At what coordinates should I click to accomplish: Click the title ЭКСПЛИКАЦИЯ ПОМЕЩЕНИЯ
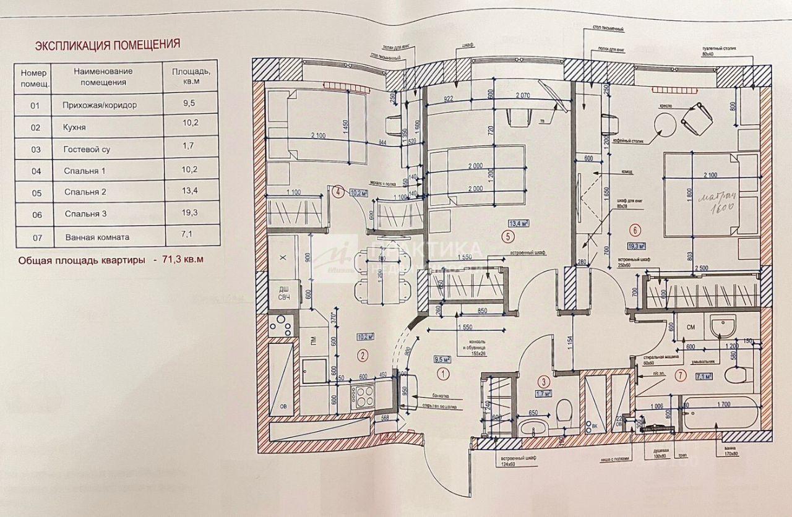click(107, 45)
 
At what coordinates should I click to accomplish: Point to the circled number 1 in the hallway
click(442, 374)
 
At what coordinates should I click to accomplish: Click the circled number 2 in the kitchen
click(363, 355)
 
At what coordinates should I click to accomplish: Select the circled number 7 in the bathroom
click(681, 374)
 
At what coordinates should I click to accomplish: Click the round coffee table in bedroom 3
click(665, 126)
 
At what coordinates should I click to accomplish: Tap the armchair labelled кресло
click(696, 117)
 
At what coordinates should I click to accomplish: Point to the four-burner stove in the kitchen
click(363, 396)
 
